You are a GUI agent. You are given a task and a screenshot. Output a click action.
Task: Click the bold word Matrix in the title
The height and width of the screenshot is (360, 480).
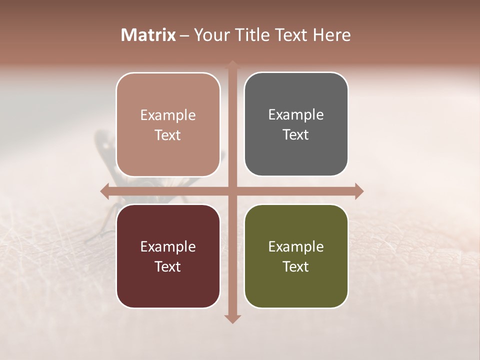click(148, 35)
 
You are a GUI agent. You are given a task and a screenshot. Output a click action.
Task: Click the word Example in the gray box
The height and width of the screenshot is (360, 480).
click(296, 115)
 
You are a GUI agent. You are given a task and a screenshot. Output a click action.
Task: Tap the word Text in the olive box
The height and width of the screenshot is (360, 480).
click(296, 266)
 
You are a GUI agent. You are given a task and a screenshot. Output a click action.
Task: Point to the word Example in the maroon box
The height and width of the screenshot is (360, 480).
click(168, 247)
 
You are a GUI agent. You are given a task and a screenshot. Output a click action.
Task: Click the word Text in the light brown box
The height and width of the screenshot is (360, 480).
click(168, 135)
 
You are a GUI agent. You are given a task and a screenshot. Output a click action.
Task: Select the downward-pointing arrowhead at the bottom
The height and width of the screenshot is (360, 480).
click(232, 319)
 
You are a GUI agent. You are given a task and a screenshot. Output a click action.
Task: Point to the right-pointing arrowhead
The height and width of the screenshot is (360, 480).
click(359, 191)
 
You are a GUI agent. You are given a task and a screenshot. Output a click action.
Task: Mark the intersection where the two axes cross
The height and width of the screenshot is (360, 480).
click(232, 191)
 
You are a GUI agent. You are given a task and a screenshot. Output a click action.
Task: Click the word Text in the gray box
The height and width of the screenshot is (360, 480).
click(296, 135)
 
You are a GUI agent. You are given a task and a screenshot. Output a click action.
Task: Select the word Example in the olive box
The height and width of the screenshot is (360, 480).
click(296, 247)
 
